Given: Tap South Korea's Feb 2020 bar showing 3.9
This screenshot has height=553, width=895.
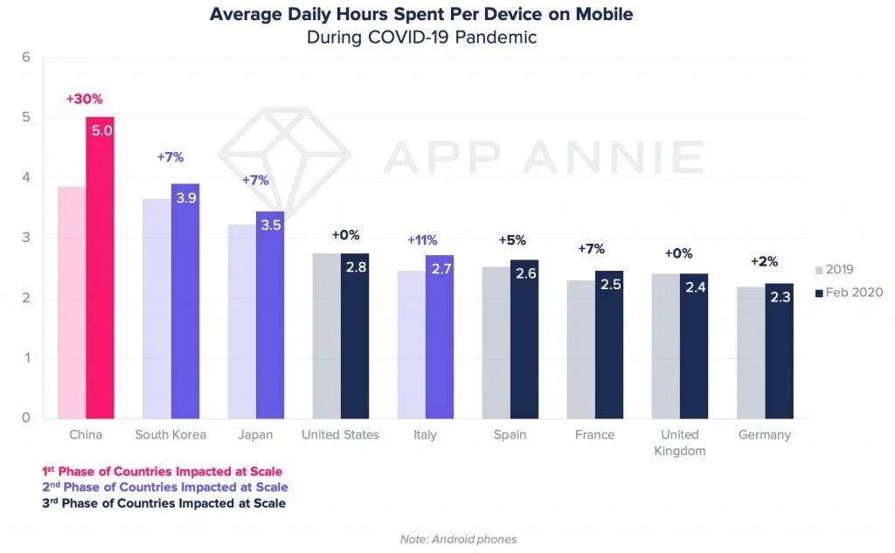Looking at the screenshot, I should point(185,301).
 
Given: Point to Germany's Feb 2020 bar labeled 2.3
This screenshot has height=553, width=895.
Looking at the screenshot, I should point(779,350).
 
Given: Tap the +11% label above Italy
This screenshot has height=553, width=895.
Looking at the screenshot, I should point(422,239).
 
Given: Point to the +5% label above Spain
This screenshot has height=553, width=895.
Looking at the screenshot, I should point(513,239).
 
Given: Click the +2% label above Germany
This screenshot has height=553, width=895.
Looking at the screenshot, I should point(766,261).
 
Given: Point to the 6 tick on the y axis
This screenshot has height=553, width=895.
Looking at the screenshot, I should point(26,58).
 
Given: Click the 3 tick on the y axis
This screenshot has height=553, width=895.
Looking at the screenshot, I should point(26,238).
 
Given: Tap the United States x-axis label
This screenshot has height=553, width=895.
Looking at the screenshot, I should point(340,434).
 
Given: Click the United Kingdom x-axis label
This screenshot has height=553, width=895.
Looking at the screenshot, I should point(679,442).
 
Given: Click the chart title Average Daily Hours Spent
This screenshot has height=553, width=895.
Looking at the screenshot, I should point(421,15).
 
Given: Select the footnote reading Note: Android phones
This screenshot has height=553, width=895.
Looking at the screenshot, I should point(458,539).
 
